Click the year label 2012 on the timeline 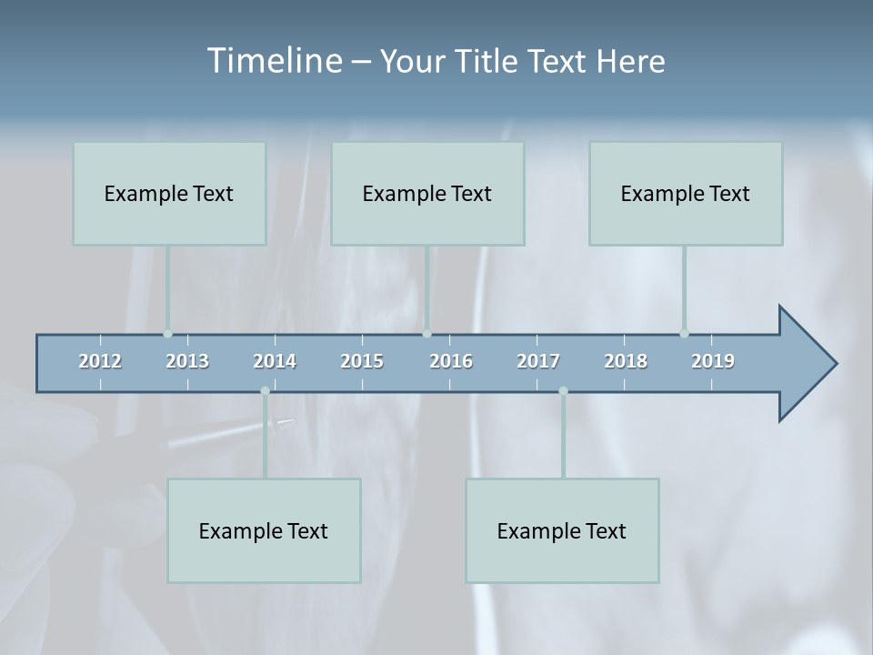tap(100, 361)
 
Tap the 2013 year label tap(187, 361)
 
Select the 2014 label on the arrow tap(275, 361)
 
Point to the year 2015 tap(362, 361)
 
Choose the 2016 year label tap(451, 361)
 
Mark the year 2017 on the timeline tap(538, 361)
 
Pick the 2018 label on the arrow tap(626, 361)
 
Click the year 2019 tap(713, 361)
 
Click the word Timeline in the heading tap(274, 61)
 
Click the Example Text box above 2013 tap(169, 194)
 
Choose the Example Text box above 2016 tap(427, 194)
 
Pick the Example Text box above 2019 tap(686, 194)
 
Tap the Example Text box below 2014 tap(264, 530)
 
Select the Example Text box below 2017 tap(562, 530)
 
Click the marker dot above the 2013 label tap(167, 334)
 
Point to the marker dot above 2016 tap(426, 334)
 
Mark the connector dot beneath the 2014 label tap(265, 391)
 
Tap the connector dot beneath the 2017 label tap(563, 391)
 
